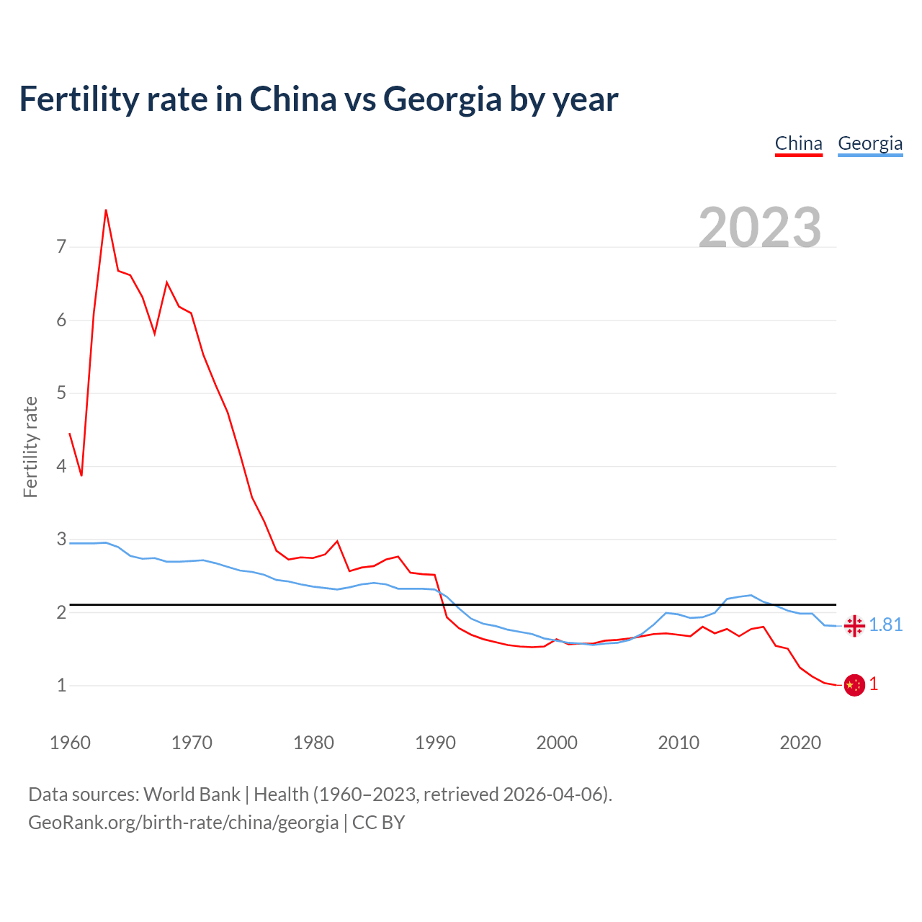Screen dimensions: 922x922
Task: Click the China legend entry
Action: click(x=798, y=143)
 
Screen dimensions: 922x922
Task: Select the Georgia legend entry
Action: click(x=869, y=143)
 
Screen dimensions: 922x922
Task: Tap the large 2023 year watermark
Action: click(x=759, y=228)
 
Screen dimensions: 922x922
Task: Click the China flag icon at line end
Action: click(x=854, y=685)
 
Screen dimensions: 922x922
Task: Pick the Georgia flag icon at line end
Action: click(x=854, y=625)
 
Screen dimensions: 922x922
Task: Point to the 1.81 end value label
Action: click(x=885, y=625)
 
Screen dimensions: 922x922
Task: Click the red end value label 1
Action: click(x=874, y=684)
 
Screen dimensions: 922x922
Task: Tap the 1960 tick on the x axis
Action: click(x=70, y=743)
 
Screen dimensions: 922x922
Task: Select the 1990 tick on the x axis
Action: click(x=435, y=743)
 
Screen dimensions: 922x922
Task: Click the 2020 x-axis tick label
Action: click(x=800, y=743)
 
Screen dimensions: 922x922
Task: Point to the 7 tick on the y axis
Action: click(x=61, y=247)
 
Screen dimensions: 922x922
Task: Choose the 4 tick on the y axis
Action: click(x=61, y=466)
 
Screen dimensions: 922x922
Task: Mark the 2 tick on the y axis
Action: click(x=61, y=612)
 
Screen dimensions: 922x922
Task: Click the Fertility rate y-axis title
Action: click(x=30, y=447)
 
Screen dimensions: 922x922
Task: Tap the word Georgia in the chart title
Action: click(x=442, y=99)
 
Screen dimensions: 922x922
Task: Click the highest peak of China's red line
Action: click(x=106, y=210)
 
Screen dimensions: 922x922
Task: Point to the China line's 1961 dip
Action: click(x=81, y=475)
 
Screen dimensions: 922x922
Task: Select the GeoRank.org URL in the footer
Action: click(x=183, y=822)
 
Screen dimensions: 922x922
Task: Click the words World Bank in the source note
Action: click(x=192, y=794)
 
